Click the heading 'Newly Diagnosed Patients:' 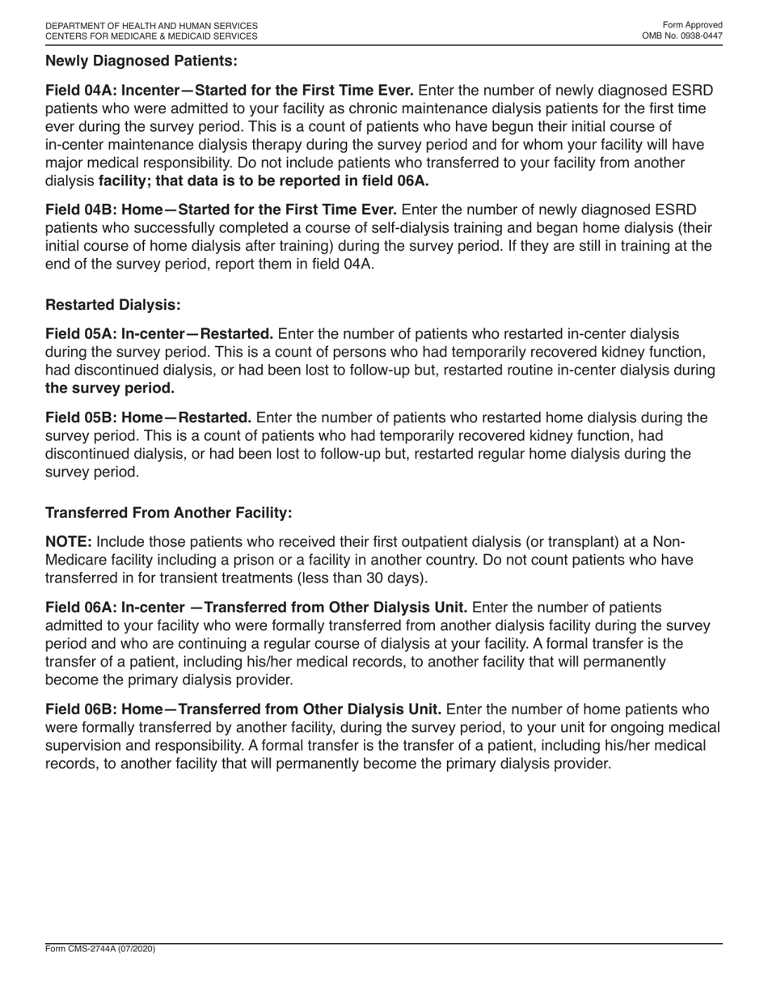141,61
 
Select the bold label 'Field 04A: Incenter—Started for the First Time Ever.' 230,91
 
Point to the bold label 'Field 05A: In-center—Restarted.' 159,334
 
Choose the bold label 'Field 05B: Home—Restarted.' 149,418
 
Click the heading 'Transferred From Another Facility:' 168,513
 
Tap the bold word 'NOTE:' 69,542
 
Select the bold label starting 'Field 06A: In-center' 256,608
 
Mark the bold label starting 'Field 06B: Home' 243,709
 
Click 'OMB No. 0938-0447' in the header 682,36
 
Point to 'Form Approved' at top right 692,25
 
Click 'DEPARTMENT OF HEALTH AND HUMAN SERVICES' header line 152,26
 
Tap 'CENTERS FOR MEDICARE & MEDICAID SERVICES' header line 152,36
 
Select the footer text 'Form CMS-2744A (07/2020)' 100,949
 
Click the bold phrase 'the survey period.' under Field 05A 109,387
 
